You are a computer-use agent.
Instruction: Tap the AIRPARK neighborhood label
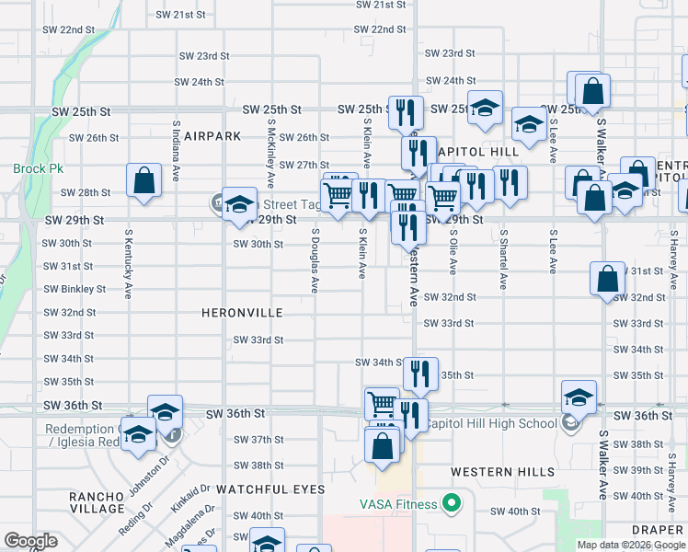(212, 136)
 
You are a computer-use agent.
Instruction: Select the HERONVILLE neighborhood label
(242, 314)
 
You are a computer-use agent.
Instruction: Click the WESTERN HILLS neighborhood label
(502, 472)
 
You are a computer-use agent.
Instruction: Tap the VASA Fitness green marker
(451, 503)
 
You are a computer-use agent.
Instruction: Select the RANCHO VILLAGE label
(97, 502)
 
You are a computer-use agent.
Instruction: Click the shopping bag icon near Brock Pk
(144, 181)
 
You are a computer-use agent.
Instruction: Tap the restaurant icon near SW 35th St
(420, 373)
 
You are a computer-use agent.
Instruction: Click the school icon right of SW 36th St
(579, 397)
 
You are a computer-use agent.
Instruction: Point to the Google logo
(30, 541)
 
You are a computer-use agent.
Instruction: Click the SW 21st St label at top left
(180, 15)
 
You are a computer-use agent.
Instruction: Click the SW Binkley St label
(74, 289)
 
